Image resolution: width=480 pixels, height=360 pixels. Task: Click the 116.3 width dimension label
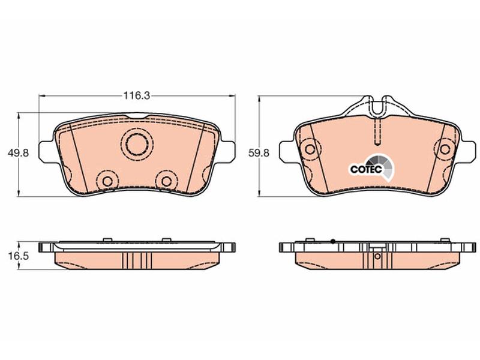click(137, 96)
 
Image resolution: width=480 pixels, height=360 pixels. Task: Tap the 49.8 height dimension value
click(19, 153)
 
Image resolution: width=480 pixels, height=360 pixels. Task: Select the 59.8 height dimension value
click(259, 153)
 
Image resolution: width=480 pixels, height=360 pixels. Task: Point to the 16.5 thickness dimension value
click(19, 256)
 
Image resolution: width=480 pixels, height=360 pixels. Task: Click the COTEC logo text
click(366, 169)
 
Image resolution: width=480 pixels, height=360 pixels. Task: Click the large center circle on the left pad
click(137, 144)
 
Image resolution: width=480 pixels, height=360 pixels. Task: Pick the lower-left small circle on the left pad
click(107, 182)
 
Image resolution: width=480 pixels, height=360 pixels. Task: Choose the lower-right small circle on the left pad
click(167, 182)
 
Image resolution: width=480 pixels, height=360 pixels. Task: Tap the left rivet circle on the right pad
click(310, 149)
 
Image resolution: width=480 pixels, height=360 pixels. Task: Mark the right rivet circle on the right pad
click(445, 149)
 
